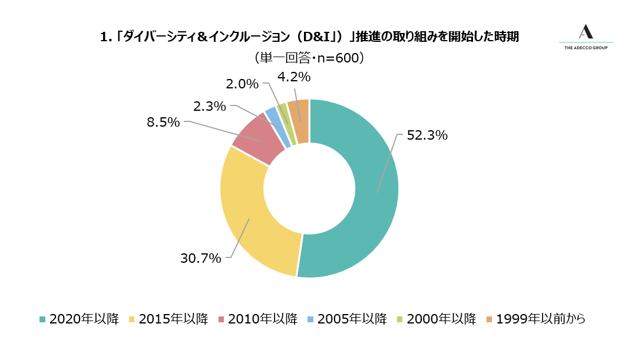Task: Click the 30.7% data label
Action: [x=200, y=258]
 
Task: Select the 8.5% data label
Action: [x=163, y=122]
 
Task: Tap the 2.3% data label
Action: [x=210, y=107]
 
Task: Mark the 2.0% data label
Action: [x=242, y=84]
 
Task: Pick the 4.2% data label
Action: [x=293, y=77]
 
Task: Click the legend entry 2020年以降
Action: [x=79, y=319]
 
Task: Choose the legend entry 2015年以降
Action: [x=168, y=319]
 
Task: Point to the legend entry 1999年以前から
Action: [x=535, y=319]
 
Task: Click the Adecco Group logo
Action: [x=586, y=37]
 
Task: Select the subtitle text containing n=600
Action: [x=309, y=58]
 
